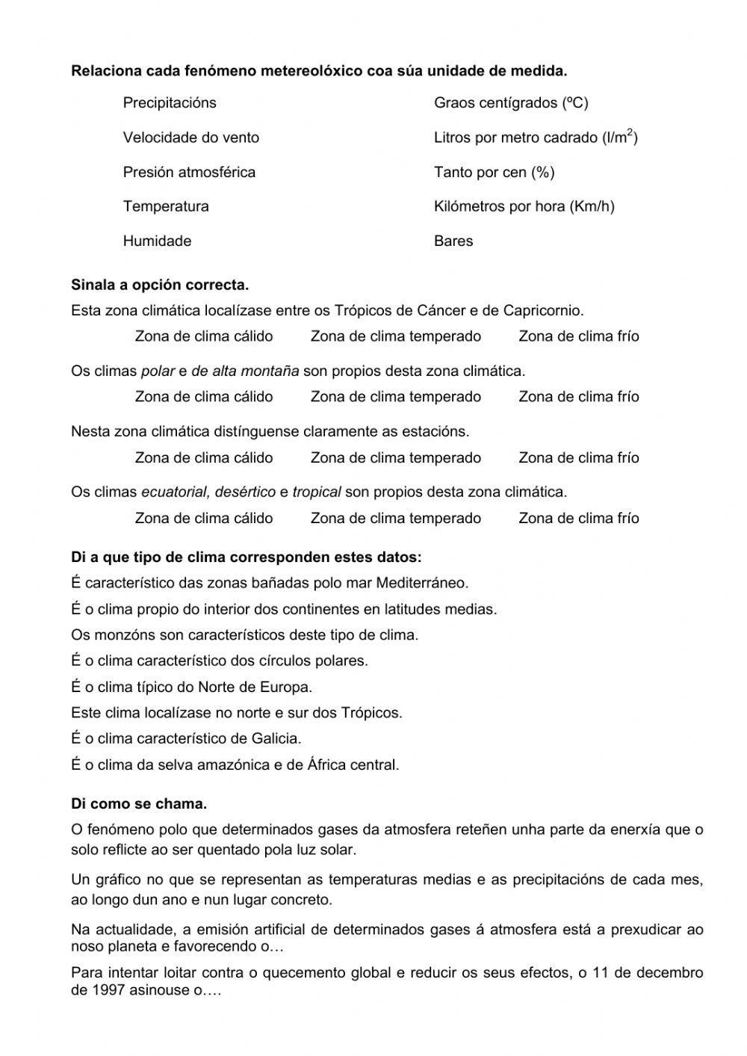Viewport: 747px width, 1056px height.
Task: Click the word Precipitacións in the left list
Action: click(170, 103)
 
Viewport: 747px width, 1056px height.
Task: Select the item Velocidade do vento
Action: click(191, 138)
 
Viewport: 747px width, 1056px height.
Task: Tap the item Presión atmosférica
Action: click(189, 173)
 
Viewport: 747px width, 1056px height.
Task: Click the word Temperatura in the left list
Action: click(166, 206)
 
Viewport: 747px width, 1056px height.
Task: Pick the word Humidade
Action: click(157, 241)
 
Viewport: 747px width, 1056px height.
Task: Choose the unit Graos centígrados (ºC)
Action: click(511, 103)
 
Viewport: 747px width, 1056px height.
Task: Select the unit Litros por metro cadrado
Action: click(536, 138)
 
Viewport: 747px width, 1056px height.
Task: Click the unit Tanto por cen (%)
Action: click(494, 173)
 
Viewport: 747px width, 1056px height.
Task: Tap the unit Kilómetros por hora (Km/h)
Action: click(524, 206)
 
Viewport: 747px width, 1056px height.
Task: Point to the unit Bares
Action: click(453, 241)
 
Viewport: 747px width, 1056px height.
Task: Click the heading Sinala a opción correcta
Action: click(160, 285)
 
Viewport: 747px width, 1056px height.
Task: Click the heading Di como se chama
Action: click(139, 804)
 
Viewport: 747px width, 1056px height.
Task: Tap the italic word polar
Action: click(158, 371)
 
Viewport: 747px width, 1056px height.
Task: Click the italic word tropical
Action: click(317, 493)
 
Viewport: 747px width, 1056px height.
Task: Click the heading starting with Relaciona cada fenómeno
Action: click(319, 72)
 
